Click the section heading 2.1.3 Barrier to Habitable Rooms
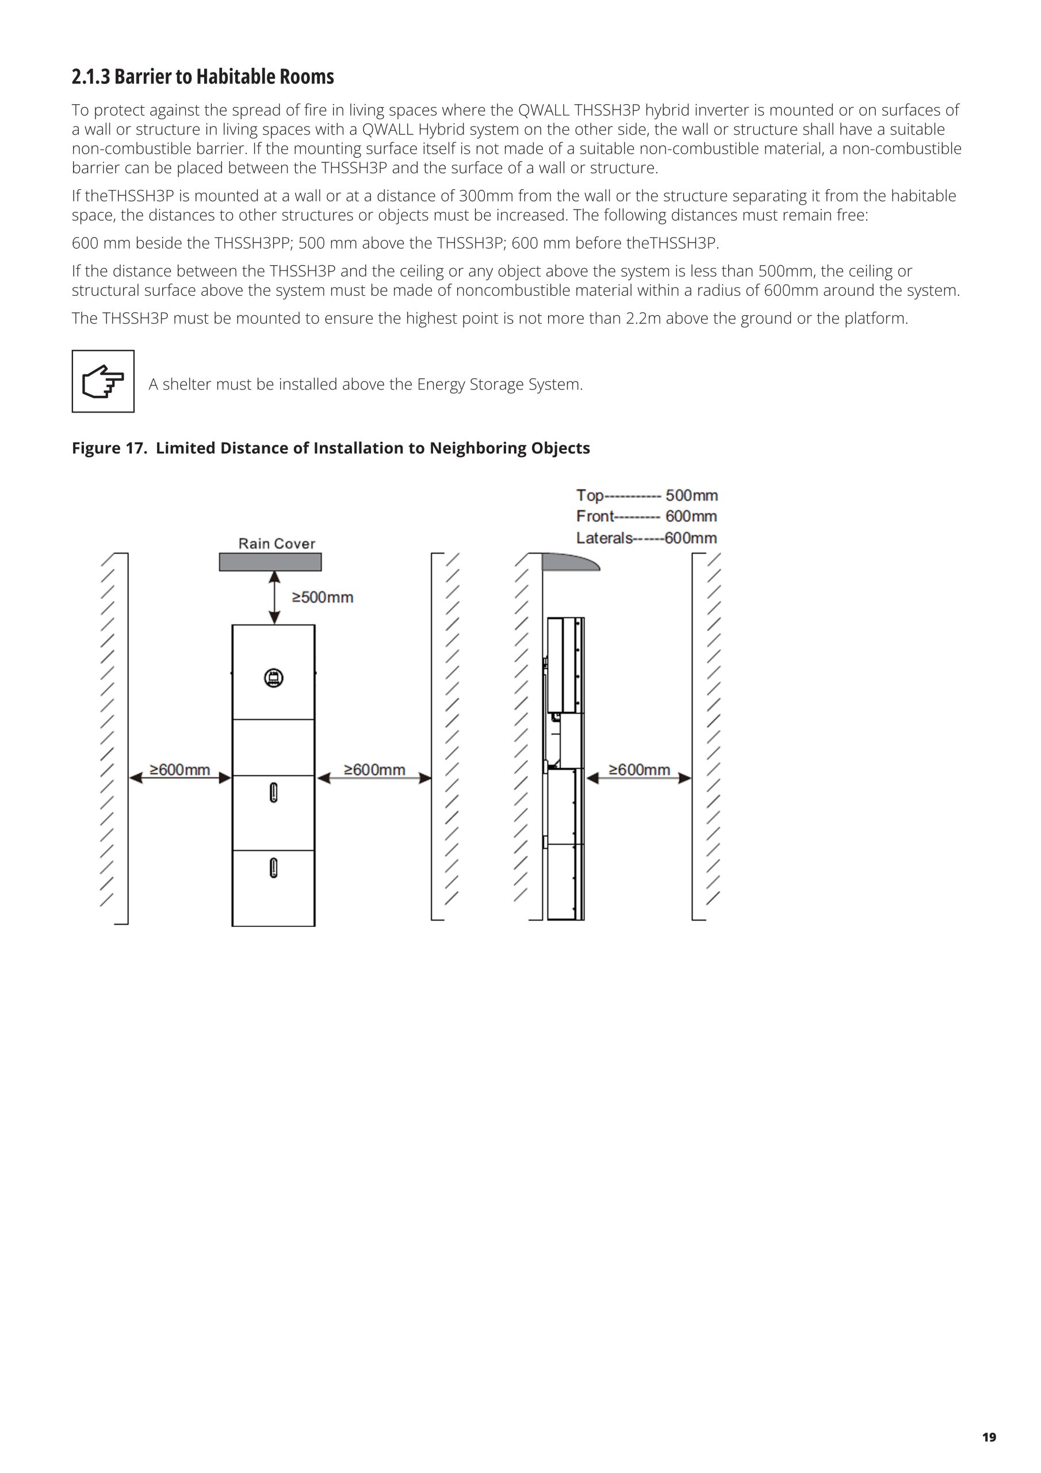coord(202,77)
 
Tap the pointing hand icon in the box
coord(102,381)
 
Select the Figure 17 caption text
coord(330,448)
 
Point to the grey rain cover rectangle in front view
coord(270,562)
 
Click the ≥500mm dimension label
coord(323,597)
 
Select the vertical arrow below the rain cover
coord(274,597)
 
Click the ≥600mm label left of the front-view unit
coord(179,769)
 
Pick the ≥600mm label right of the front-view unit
coord(374,769)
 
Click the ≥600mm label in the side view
coord(639,769)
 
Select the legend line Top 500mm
coord(646,495)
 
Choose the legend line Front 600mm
coord(646,517)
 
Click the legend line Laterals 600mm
coord(646,538)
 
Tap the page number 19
coord(989,1437)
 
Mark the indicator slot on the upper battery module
coord(273,793)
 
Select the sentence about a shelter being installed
coord(366,384)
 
